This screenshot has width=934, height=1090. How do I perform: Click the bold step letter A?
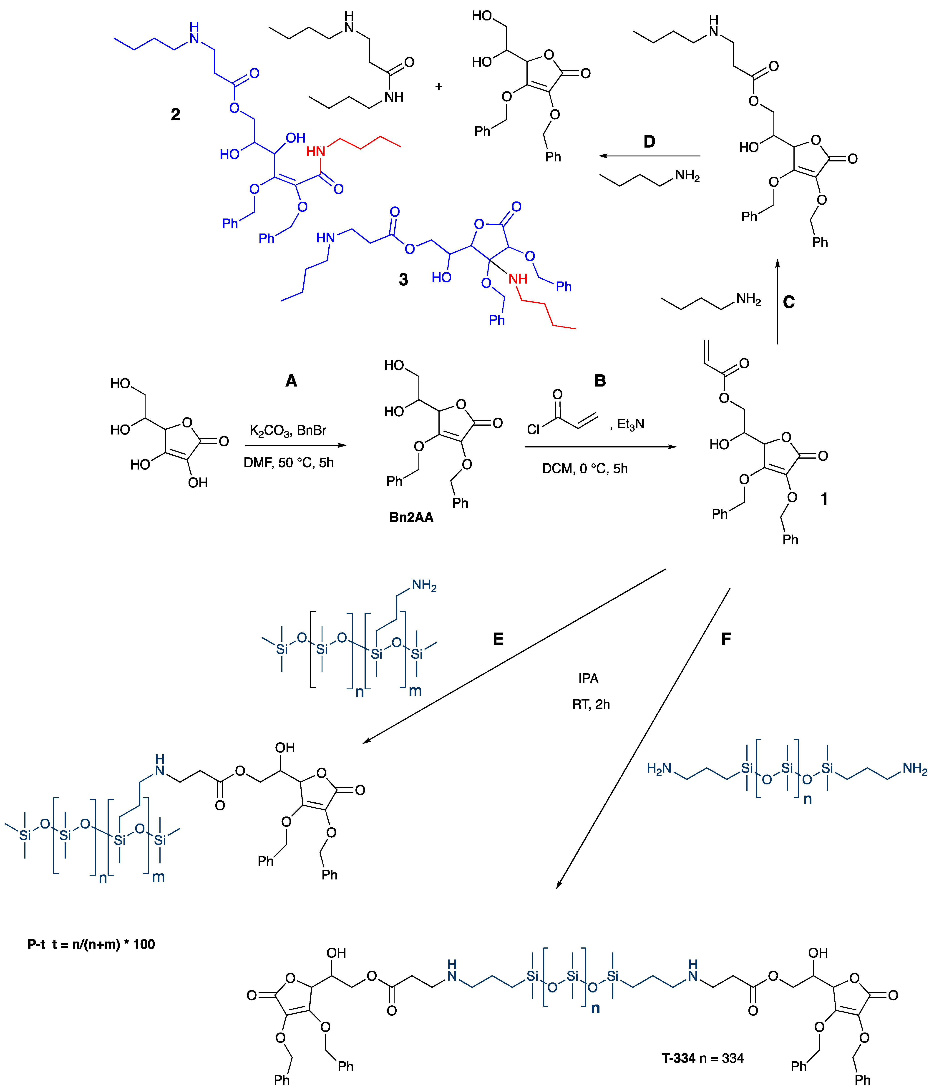tap(291, 381)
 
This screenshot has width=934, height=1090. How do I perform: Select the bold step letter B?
tap(600, 381)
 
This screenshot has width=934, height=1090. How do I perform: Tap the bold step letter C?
tap(789, 302)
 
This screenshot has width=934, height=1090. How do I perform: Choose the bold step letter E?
tap(498, 639)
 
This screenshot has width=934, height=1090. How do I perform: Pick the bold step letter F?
tap(726, 639)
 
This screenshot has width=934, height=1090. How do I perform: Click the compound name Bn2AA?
tap(411, 517)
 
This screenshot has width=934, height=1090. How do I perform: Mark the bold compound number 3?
tap(403, 279)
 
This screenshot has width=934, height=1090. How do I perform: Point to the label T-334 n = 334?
tap(702, 1058)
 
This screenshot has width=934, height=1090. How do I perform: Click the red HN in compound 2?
tap(316, 151)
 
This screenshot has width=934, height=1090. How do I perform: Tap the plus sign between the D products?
tap(439, 86)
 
